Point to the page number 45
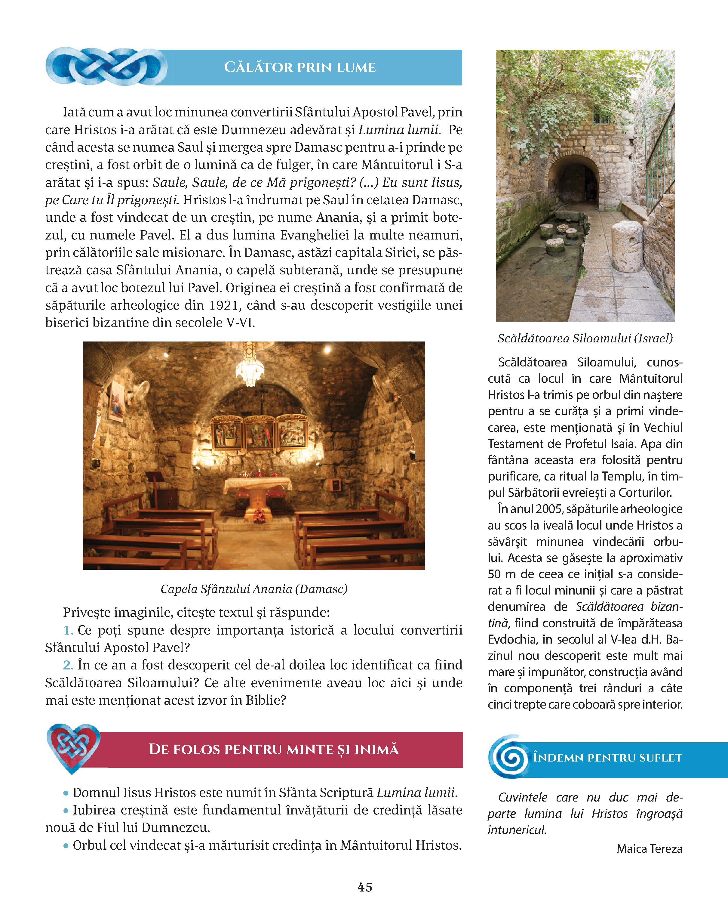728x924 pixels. pos(365,887)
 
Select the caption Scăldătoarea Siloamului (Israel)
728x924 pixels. pos(585,338)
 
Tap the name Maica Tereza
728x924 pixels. pos(649,848)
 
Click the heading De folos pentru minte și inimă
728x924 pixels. pos(274,749)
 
